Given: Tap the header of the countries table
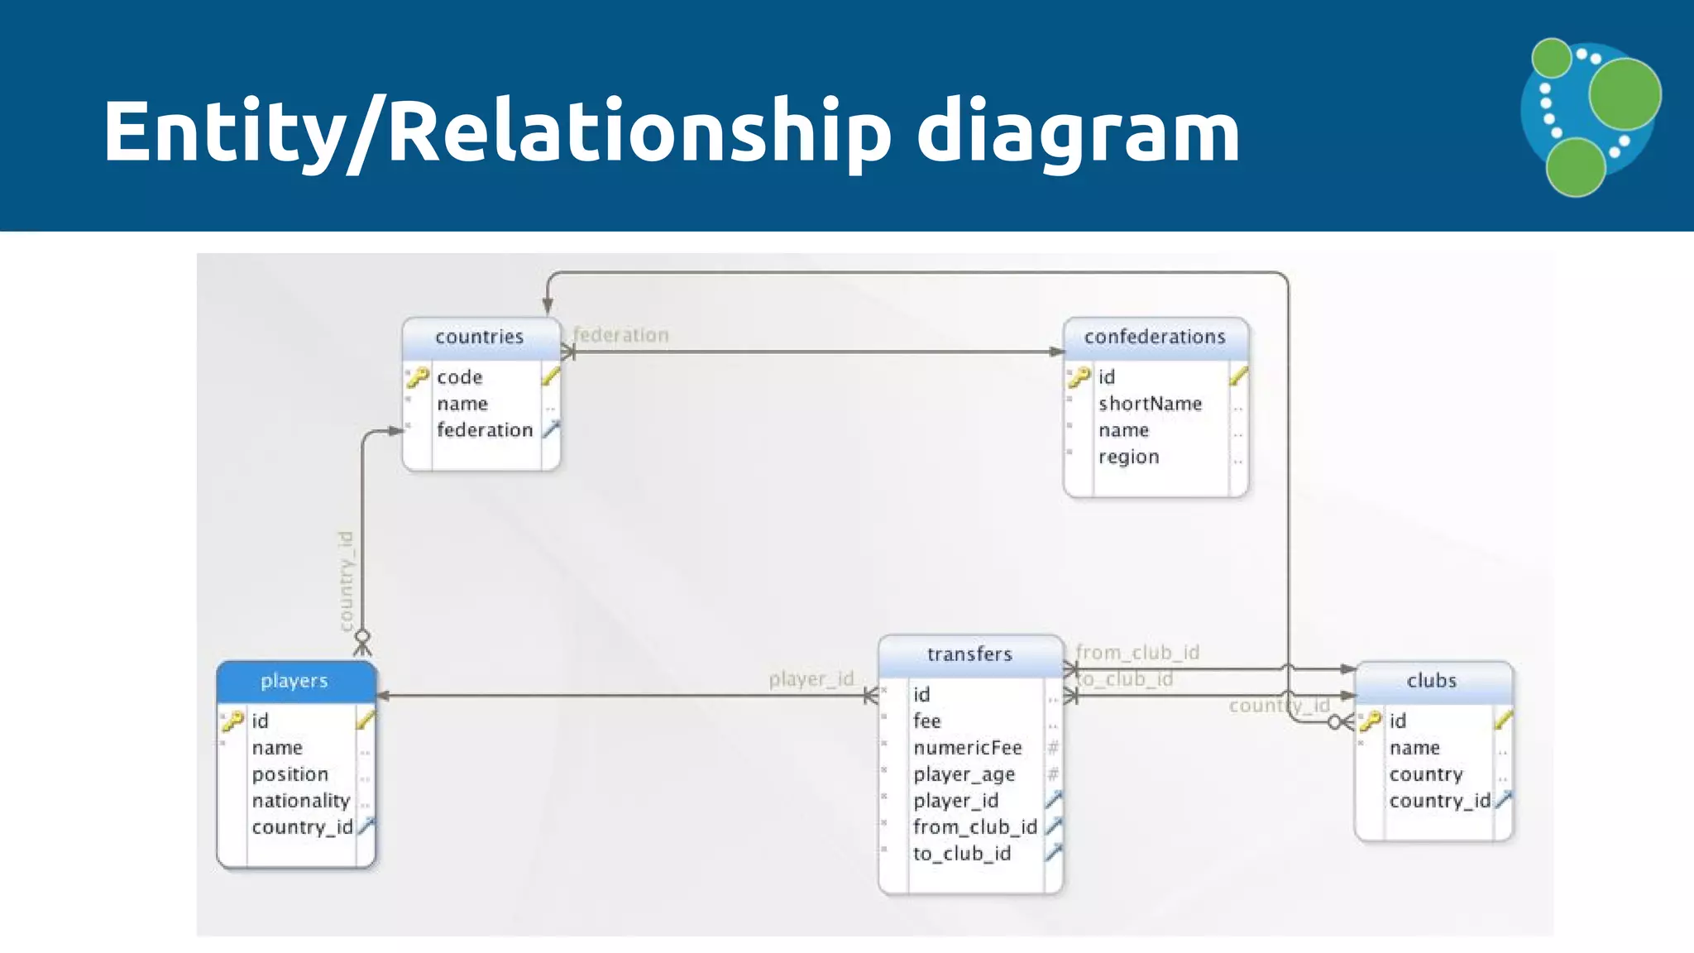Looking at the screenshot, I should (x=480, y=337).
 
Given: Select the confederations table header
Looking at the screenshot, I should (x=1155, y=337).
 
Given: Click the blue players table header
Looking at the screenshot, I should (x=294, y=681).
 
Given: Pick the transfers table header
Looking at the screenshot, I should (x=969, y=654).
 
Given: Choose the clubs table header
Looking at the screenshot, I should (x=1432, y=681).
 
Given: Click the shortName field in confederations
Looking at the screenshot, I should (x=1150, y=404).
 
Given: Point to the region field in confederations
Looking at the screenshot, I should (x=1128, y=457).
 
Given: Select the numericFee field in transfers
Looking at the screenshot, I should (x=968, y=748).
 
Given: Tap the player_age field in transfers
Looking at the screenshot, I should (x=964, y=774).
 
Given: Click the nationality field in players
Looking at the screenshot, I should (x=301, y=801).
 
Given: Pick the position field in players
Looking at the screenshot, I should (x=290, y=774).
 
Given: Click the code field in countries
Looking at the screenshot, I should (x=460, y=377).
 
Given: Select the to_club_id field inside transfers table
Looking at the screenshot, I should (x=962, y=854).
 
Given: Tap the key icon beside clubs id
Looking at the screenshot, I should (x=1371, y=721).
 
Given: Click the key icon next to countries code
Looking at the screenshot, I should (x=418, y=377).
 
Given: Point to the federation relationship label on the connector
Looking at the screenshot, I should (x=621, y=335).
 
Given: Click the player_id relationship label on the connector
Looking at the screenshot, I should (x=811, y=679).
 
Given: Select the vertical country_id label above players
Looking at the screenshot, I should (x=347, y=581).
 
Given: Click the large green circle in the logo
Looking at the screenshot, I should (x=1625, y=93).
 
